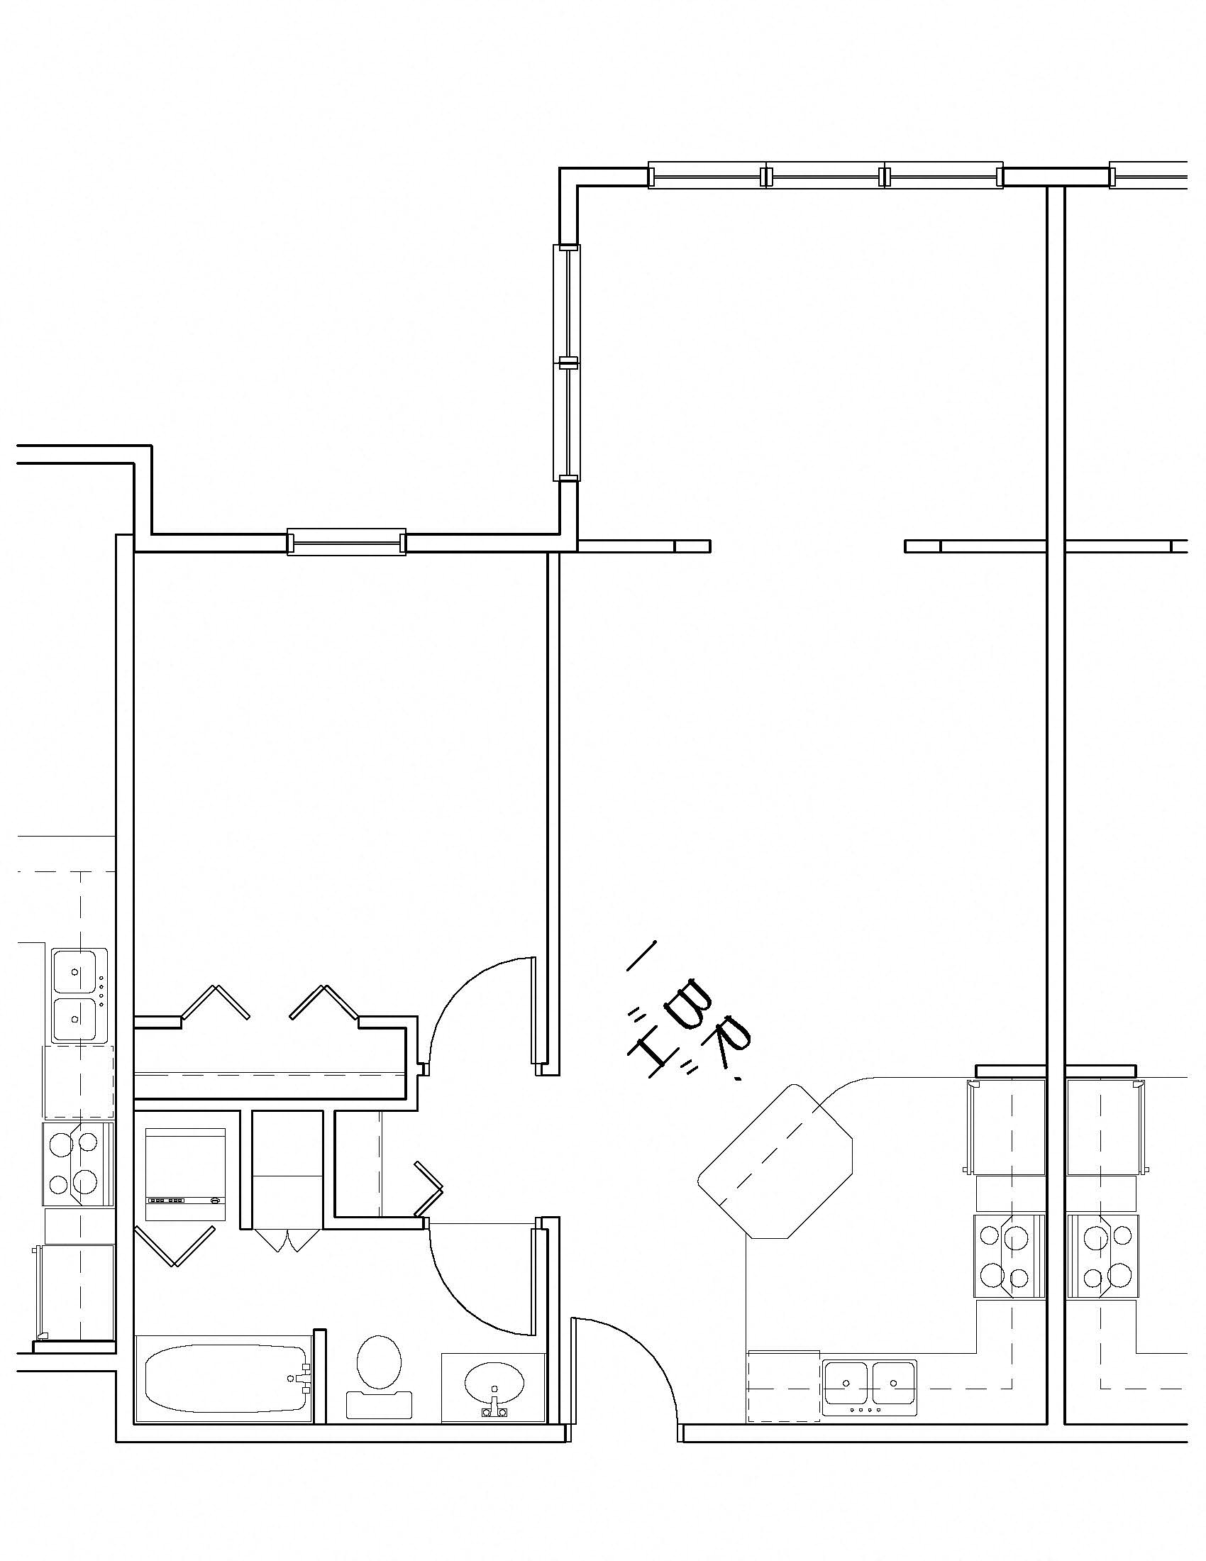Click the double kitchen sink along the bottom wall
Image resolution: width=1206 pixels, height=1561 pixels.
pos(869,1387)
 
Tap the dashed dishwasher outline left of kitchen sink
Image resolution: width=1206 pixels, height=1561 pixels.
pos(783,1387)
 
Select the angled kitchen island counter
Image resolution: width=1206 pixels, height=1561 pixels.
pos(776,1162)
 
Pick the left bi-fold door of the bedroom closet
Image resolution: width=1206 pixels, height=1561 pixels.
pos(215,1001)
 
